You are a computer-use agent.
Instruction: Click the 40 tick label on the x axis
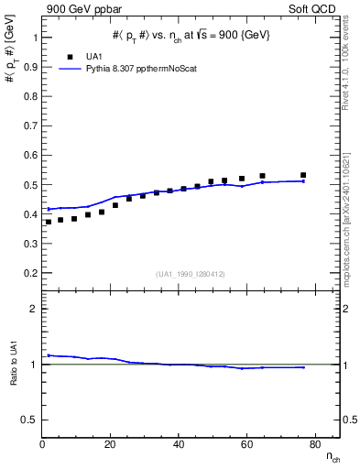179,443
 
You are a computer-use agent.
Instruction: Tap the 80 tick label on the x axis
314,443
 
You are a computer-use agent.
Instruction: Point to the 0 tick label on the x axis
43,443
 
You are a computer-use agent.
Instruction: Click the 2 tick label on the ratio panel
33,309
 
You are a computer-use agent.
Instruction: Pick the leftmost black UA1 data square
49,222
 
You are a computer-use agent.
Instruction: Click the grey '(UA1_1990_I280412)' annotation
191,275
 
